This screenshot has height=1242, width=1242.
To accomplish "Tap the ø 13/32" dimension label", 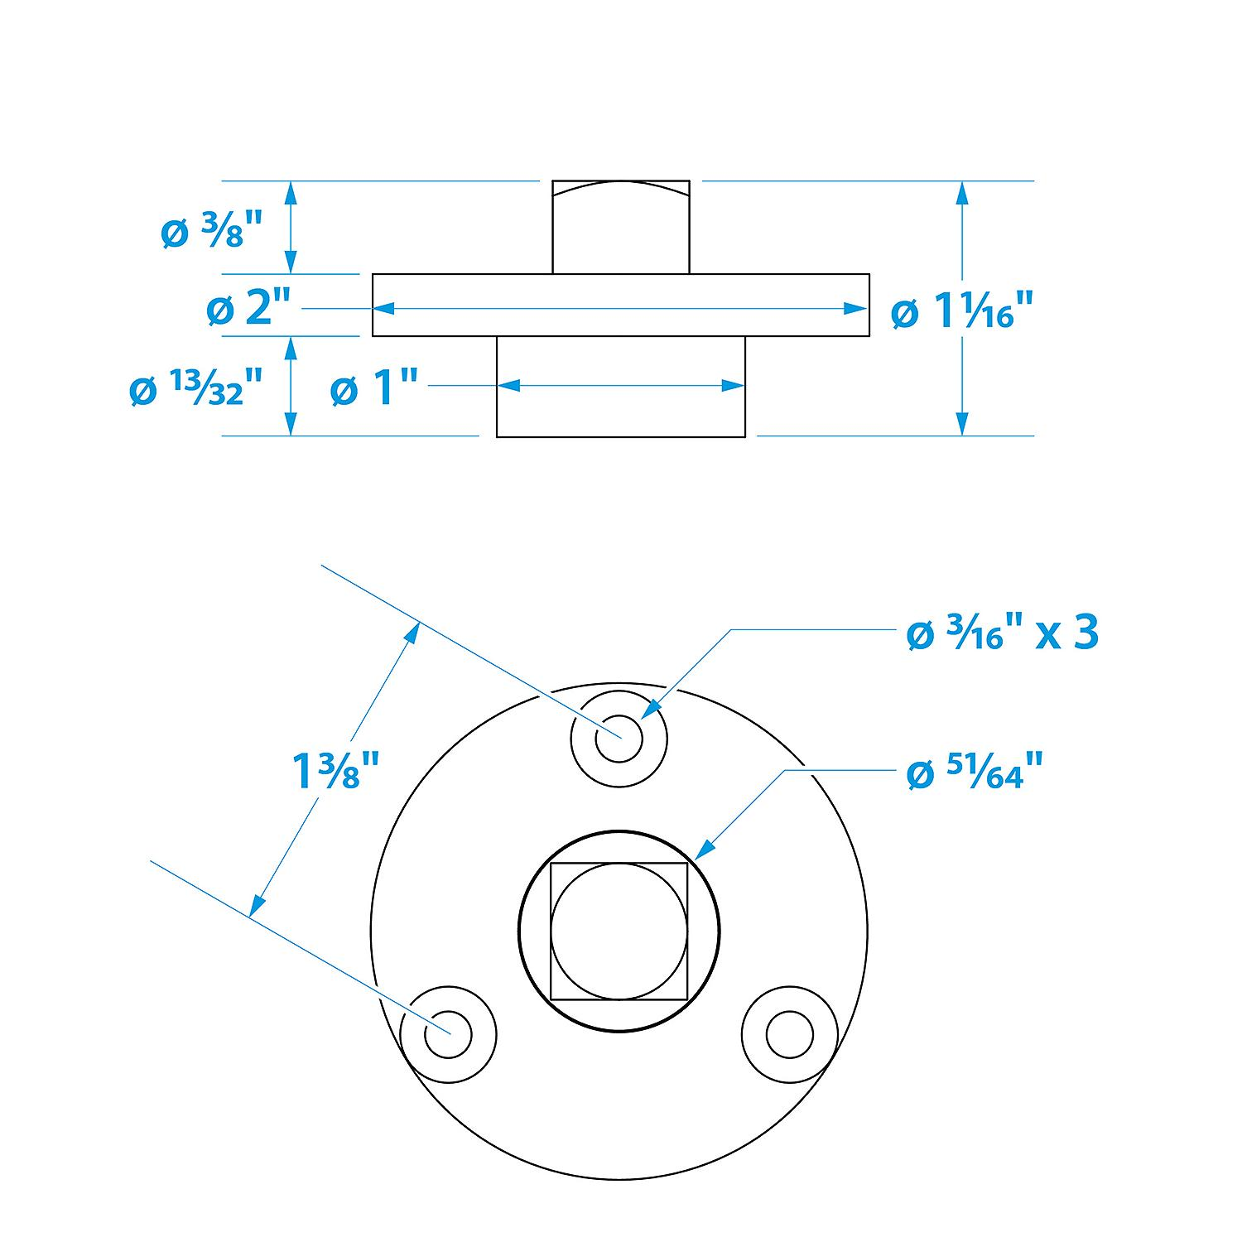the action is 197,388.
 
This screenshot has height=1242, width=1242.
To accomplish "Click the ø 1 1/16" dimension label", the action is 963,312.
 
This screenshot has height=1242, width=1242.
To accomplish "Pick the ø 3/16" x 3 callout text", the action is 1003,633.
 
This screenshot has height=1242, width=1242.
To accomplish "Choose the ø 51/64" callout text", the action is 974,773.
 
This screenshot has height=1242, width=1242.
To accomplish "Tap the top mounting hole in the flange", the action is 619,738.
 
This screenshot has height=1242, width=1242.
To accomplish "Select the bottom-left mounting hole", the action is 448,1034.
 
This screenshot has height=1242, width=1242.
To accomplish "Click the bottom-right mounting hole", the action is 790,1034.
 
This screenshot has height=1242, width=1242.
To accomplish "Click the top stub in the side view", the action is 621,227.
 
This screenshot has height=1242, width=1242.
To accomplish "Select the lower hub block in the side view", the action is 621,387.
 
